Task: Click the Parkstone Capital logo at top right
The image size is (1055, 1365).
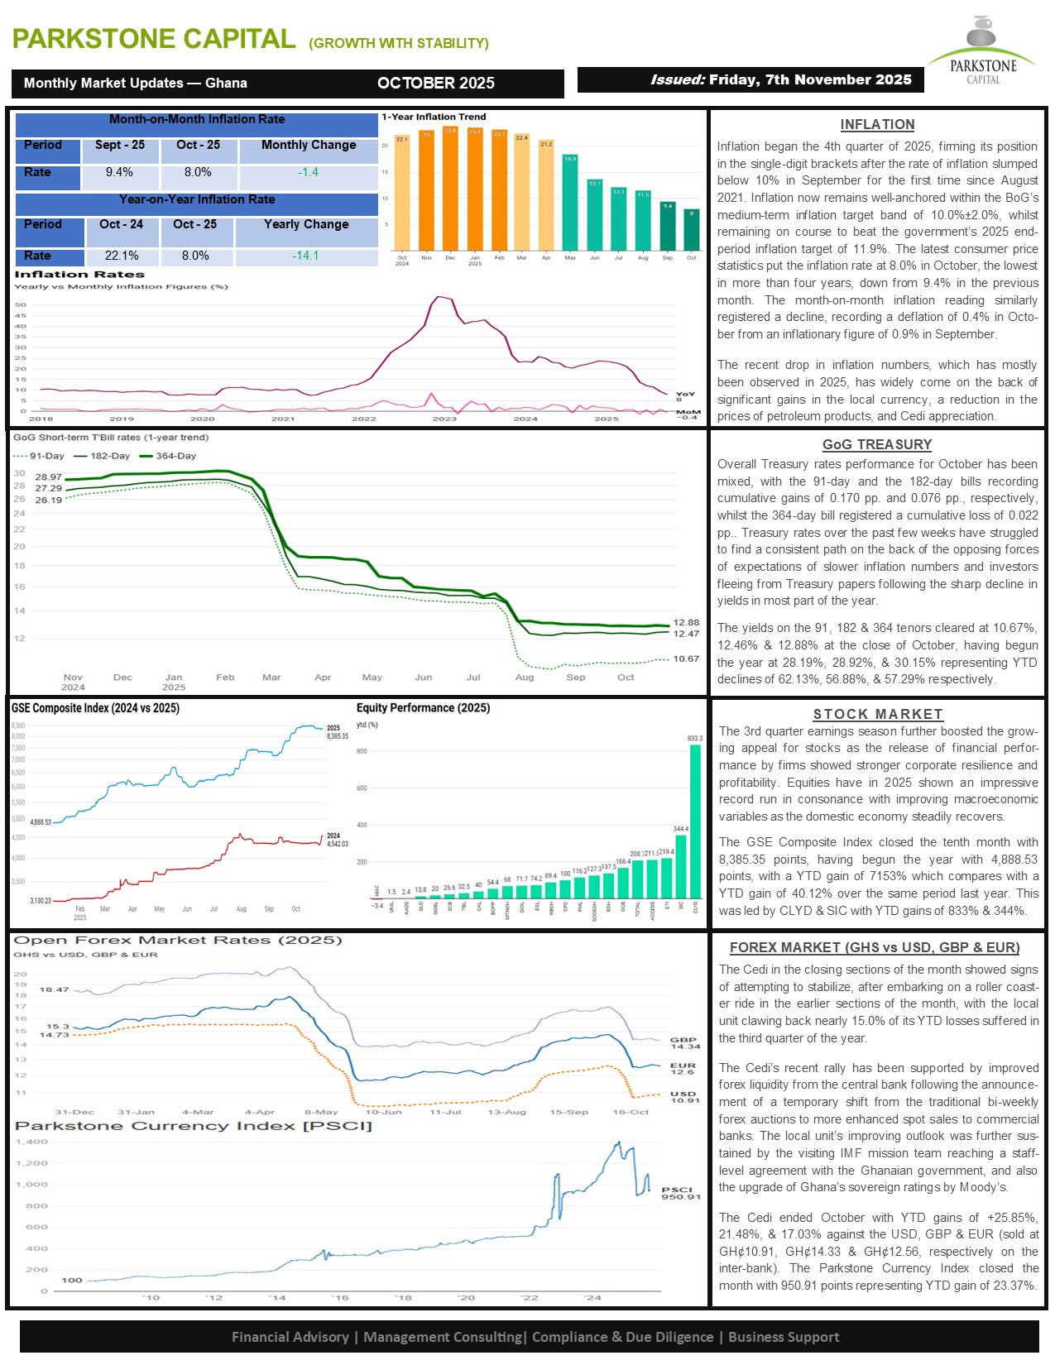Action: pyautogui.click(x=982, y=51)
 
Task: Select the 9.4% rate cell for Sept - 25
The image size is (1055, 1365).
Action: pyautogui.click(x=119, y=173)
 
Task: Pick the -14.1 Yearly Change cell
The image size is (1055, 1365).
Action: pyautogui.click(x=305, y=256)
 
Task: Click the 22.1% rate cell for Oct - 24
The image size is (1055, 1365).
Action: pyautogui.click(x=122, y=256)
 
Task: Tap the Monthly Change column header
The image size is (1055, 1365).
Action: pyautogui.click(x=308, y=146)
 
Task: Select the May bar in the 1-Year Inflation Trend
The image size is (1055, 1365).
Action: pyautogui.click(x=570, y=202)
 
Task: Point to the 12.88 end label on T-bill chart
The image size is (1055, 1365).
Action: pyautogui.click(x=686, y=622)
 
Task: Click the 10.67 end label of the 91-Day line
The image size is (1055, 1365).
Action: pyautogui.click(x=686, y=659)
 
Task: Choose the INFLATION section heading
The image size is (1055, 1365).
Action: pyautogui.click(x=877, y=125)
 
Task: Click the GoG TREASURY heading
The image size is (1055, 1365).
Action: pyautogui.click(x=877, y=445)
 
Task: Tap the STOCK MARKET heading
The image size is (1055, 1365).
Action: pyautogui.click(x=877, y=714)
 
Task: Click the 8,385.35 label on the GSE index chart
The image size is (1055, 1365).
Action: pyautogui.click(x=338, y=736)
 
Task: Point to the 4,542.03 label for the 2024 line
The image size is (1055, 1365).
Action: pyautogui.click(x=338, y=844)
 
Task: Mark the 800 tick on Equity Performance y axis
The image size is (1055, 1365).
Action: pyautogui.click(x=362, y=751)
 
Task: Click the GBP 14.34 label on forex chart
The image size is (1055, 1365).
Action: pyautogui.click(x=684, y=1043)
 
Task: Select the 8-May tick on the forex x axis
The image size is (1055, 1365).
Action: pyautogui.click(x=321, y=1112)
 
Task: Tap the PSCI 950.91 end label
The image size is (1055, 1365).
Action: pyautogui.click(x=680, y=1193)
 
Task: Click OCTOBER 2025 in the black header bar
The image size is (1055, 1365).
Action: pyautogui.click(x=435, y=84)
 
